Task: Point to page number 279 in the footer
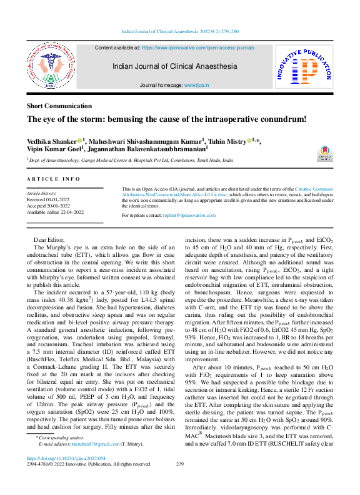point(180,482)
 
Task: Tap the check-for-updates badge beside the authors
point(325,153)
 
